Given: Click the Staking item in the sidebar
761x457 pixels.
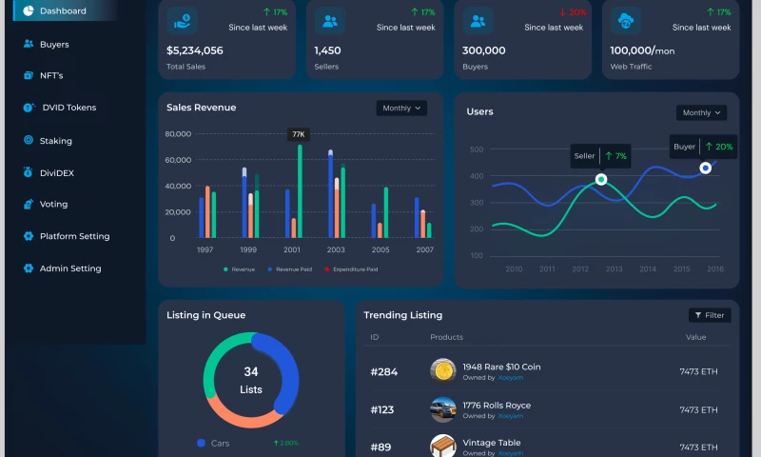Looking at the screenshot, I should (55, 141).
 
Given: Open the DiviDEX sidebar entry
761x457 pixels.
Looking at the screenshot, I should (56, 172).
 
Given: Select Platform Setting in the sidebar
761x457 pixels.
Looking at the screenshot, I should (74, 236).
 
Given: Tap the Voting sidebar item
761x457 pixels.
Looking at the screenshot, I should (53, 204).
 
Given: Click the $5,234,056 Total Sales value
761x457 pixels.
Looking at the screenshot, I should (195, 50).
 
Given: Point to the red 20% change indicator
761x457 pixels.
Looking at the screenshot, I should (572, 12).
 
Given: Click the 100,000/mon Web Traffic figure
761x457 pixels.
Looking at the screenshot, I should (642, 50).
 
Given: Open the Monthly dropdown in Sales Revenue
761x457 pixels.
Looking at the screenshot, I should (401, 109).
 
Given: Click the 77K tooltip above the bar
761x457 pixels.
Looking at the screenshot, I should (299, 134).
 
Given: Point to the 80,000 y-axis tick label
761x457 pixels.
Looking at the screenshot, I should (178, 134).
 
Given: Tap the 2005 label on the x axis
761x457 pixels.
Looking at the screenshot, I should (380, 249).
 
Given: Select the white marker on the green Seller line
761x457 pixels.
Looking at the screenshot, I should (601, 179).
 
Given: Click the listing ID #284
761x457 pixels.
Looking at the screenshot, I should (384, 372).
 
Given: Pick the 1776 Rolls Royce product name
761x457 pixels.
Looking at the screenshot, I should (497, 406).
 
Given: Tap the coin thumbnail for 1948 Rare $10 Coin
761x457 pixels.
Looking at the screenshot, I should (442, 370).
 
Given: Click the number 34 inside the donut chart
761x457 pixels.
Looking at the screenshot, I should (251, 372).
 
